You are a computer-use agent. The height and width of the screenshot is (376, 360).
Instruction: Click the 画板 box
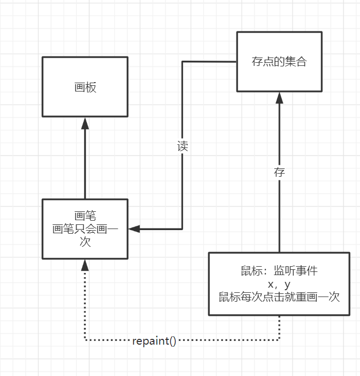coord(85,99)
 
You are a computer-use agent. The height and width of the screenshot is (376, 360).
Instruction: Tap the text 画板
coord(85,88)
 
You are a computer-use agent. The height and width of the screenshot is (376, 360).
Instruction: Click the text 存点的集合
coord(279,62)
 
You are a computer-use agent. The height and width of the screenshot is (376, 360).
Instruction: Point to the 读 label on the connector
coord(182,146)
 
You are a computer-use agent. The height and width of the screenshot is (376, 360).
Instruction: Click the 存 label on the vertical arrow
coord(279,173)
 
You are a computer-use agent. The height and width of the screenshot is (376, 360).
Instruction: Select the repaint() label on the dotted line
coord(154,341)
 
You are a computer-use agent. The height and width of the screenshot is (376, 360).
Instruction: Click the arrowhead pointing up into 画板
coord(85,123)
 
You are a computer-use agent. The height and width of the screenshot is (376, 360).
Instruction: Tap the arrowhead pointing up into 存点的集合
coord(279,98)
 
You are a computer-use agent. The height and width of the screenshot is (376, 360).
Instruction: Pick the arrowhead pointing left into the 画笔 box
coord(134,229)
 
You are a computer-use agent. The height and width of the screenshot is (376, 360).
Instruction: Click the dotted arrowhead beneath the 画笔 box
coord(85,265)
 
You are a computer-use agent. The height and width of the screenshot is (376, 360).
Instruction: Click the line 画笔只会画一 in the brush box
coord(85,229)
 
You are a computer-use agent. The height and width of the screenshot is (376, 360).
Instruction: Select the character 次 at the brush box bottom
coord(85,242)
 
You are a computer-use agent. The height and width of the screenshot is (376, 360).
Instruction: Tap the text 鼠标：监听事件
coord(279,271)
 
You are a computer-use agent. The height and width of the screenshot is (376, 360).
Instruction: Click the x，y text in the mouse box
coord(279,284)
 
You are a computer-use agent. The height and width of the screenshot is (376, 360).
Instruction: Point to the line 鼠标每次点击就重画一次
coord(279,297)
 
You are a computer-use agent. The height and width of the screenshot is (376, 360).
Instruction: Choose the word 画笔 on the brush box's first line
coord(85,215)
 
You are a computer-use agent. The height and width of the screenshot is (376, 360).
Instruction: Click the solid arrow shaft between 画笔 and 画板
coord(85,162)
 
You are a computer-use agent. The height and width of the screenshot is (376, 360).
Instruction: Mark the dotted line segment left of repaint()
coord(107,341)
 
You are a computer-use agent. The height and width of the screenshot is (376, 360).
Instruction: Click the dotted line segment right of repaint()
coord(230,341)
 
